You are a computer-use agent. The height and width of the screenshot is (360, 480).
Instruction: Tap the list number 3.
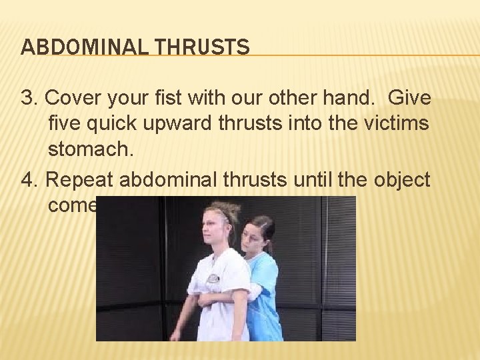pyautogui.click(x=27, y=99)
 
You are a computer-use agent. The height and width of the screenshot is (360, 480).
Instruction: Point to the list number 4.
pyautogui.click(x=27, y=179)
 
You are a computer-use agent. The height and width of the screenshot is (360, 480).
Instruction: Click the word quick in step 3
pyautogui.click(x=116, y=125)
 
